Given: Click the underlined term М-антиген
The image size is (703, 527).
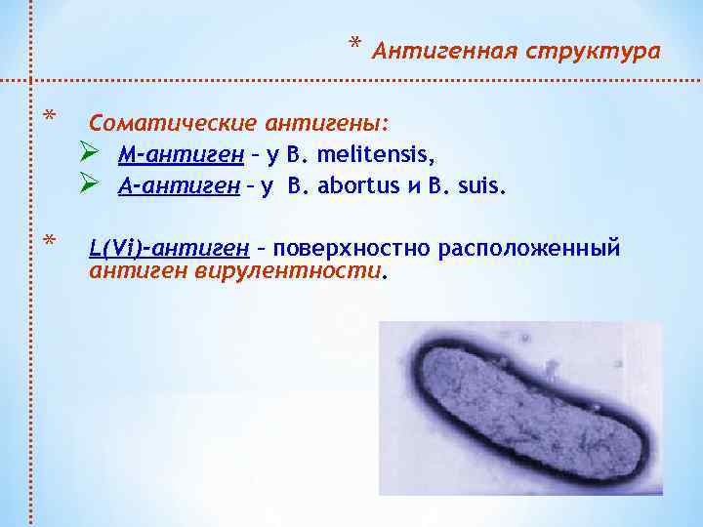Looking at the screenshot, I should (179, 155).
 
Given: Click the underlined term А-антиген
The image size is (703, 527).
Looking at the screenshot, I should (179, 185).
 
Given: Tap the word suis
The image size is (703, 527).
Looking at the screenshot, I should (479, 185).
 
